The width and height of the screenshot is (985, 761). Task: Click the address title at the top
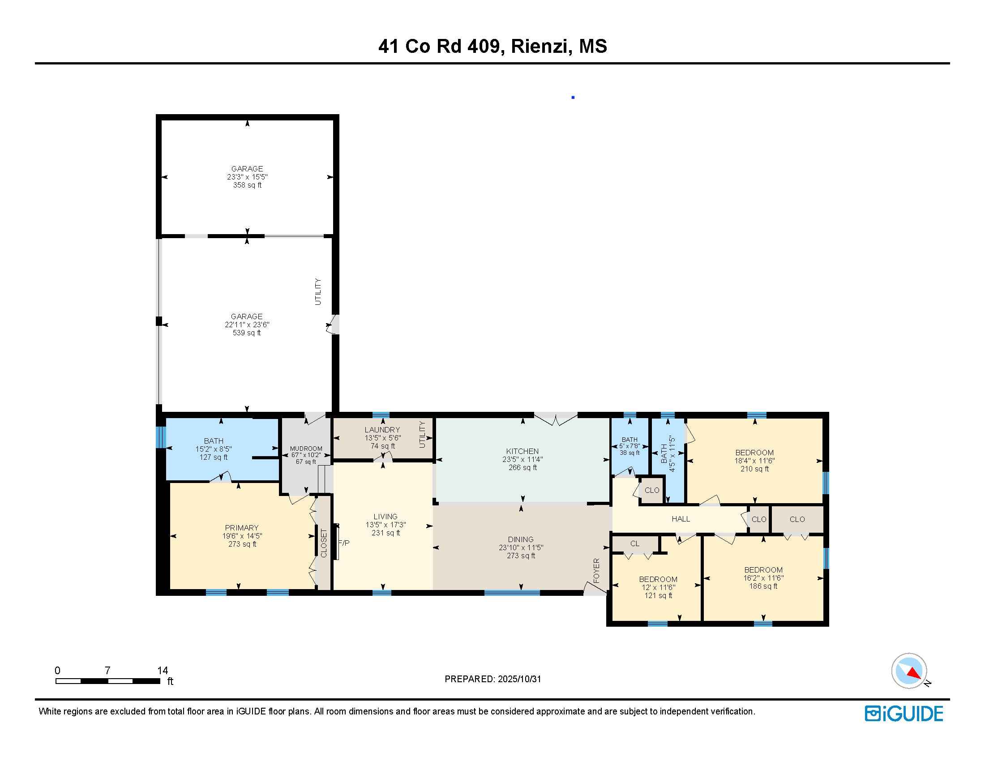[x=492, y=47]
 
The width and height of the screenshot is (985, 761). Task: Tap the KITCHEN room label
[x=522, y=451]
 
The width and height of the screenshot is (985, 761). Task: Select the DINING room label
[x=521, y=540]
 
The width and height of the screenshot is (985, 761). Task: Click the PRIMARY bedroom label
[x=242, y=528]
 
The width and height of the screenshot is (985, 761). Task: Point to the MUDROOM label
[x=306, y=449]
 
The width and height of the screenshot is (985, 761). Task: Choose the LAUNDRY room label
[x=382, y=430]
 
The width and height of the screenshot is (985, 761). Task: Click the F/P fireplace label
[x=344, y=543]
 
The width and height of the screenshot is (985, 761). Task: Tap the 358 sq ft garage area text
[x=247, y=185]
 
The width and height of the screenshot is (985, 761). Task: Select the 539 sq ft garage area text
[x=247, y=333]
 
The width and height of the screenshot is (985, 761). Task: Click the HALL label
[x=681, y=519]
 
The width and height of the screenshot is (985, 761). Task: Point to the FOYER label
[x=596, y=570]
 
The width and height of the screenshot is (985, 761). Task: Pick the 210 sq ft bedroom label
[x=754, y=469]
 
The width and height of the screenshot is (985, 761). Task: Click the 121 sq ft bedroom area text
[x=658, y=595]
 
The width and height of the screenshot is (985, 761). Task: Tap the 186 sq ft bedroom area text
[x=763, y=586]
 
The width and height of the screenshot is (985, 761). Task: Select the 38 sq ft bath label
[x=630, y=453]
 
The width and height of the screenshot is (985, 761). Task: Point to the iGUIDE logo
[x=904, y=714]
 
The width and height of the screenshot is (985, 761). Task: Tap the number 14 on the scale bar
[x=163, y=671]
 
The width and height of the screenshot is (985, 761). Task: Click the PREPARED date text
[x=493, y=679]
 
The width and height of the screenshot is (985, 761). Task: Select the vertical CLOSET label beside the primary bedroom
[x=323, y=543]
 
